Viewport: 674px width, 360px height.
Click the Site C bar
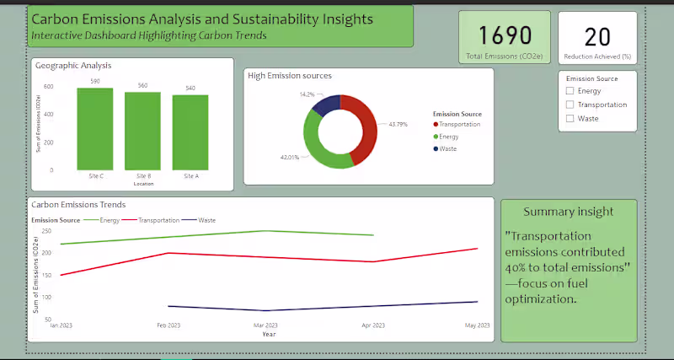(x=95, y=129)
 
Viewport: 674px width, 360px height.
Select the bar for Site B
(x=142, y=131)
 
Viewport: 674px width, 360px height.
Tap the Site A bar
(x=190, y=132)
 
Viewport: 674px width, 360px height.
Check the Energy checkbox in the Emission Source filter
(x=570, y=91)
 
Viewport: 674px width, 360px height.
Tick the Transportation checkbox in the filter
(x=570, y=105)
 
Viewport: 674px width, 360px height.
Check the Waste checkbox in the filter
(x=570, y=119)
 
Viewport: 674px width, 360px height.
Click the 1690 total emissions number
(x=505, y=35)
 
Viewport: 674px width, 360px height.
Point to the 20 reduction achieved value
(x=597, y=36)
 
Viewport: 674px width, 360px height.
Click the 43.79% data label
(x=399, y=125)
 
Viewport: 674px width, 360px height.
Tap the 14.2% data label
(x=307, y=94)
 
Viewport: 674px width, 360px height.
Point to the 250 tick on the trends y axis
(x=46, y=231)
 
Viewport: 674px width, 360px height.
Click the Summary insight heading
(x=568, y=212)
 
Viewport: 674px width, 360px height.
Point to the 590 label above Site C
(x=95, y=81)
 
